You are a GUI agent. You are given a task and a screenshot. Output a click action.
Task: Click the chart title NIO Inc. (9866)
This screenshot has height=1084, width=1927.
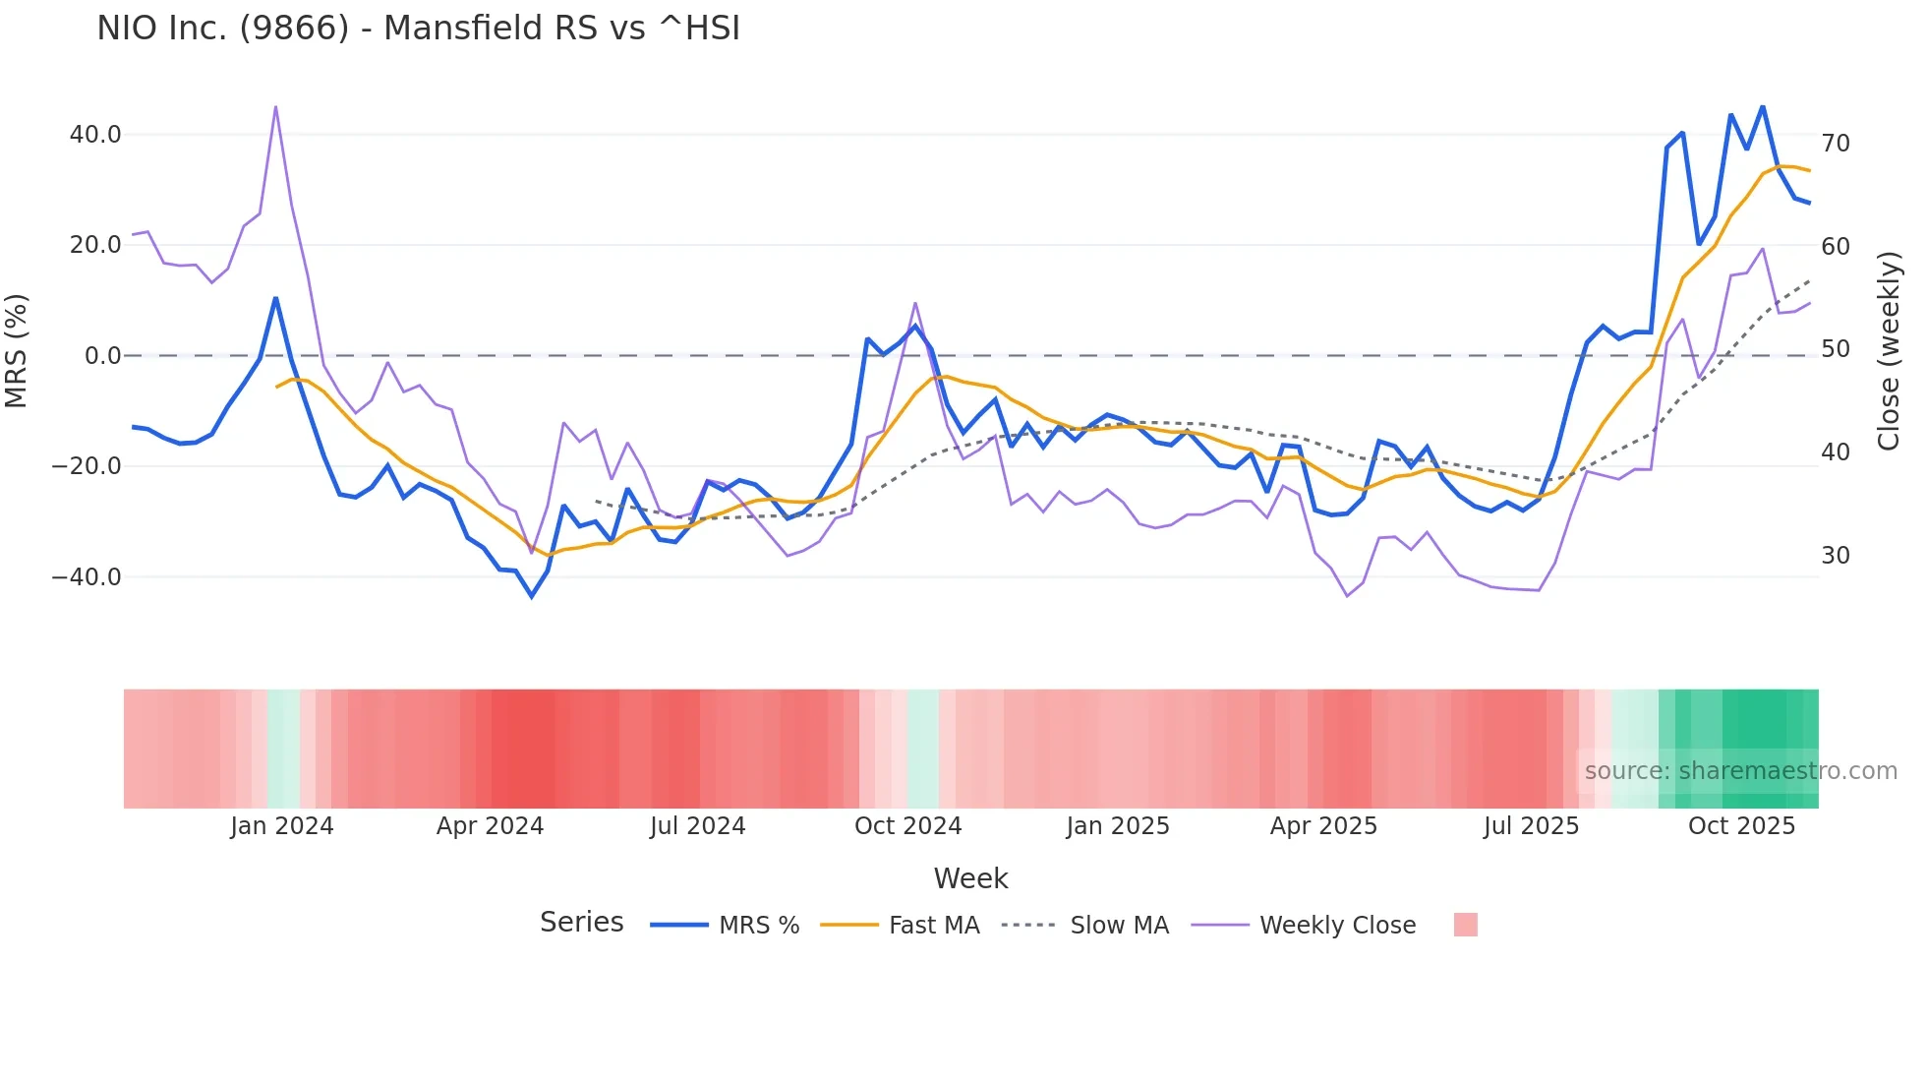(418, 28)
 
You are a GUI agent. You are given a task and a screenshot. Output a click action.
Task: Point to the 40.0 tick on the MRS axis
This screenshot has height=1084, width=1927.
(95, 134)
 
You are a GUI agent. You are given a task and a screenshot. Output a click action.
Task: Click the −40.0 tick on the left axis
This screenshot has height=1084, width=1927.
(87, 576)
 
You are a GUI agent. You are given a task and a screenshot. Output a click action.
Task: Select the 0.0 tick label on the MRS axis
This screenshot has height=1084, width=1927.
(103, 355)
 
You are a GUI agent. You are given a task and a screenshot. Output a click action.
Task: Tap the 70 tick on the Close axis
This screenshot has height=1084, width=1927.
(1836, 144)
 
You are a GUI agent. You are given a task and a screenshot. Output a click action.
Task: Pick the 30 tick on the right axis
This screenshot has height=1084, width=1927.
(1836, 556)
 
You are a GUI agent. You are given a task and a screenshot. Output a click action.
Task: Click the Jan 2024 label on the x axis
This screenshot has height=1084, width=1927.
(282, 825)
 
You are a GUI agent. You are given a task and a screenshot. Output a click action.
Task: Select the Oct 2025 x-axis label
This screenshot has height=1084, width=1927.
(1741, 825)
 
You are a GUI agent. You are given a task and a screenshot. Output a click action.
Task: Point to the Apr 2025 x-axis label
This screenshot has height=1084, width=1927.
(1323, 825)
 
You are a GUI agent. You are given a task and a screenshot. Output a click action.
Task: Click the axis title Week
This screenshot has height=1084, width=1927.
(970, 878)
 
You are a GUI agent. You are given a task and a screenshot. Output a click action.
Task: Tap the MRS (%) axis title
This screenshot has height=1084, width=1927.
(17, 351)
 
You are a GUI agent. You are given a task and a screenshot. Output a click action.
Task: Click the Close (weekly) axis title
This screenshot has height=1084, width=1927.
(1889, 351)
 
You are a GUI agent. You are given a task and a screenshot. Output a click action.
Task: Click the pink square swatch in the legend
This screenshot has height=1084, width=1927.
(1465, 925)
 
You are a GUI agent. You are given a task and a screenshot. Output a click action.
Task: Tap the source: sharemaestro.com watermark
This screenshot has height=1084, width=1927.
(1740, 770)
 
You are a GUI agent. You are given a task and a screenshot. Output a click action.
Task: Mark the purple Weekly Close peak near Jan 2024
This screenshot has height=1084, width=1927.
(275, 106)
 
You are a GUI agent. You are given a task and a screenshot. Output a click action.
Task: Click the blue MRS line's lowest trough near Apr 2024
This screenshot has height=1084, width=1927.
(532, 596)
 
